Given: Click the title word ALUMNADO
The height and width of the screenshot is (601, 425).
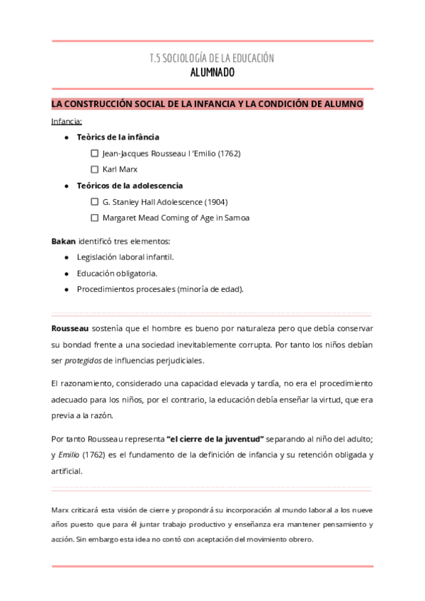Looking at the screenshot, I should [212, 72].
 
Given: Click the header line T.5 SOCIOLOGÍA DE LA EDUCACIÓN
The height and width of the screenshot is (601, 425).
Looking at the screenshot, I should [212, 58].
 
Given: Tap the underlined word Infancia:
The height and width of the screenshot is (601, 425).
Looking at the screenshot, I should [67, 121].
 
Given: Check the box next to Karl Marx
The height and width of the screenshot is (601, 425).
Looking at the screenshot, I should [95, 169].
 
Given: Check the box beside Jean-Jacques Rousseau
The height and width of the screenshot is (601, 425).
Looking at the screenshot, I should [95, 153].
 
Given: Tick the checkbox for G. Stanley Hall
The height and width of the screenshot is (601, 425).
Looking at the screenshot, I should [95, 202].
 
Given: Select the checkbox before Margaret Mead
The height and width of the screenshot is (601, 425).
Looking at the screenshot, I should [95, 218].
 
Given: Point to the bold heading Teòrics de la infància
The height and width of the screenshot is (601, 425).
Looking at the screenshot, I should [118, 137].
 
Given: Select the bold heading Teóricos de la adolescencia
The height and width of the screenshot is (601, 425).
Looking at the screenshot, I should [129, 186].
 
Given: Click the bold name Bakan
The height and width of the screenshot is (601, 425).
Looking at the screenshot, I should [63, 241].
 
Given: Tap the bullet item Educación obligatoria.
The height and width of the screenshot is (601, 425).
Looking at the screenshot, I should [117, 273].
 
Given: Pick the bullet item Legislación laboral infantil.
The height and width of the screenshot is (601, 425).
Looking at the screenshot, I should [125, 257].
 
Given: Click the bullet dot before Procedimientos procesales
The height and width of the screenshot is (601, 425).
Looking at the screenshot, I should [66, 289].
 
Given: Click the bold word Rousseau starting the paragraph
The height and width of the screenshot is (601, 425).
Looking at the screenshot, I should [69, 329].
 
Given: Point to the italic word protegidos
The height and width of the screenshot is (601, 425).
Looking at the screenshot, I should [83, 361].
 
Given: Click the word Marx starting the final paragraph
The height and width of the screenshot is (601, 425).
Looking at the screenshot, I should [61, 510].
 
